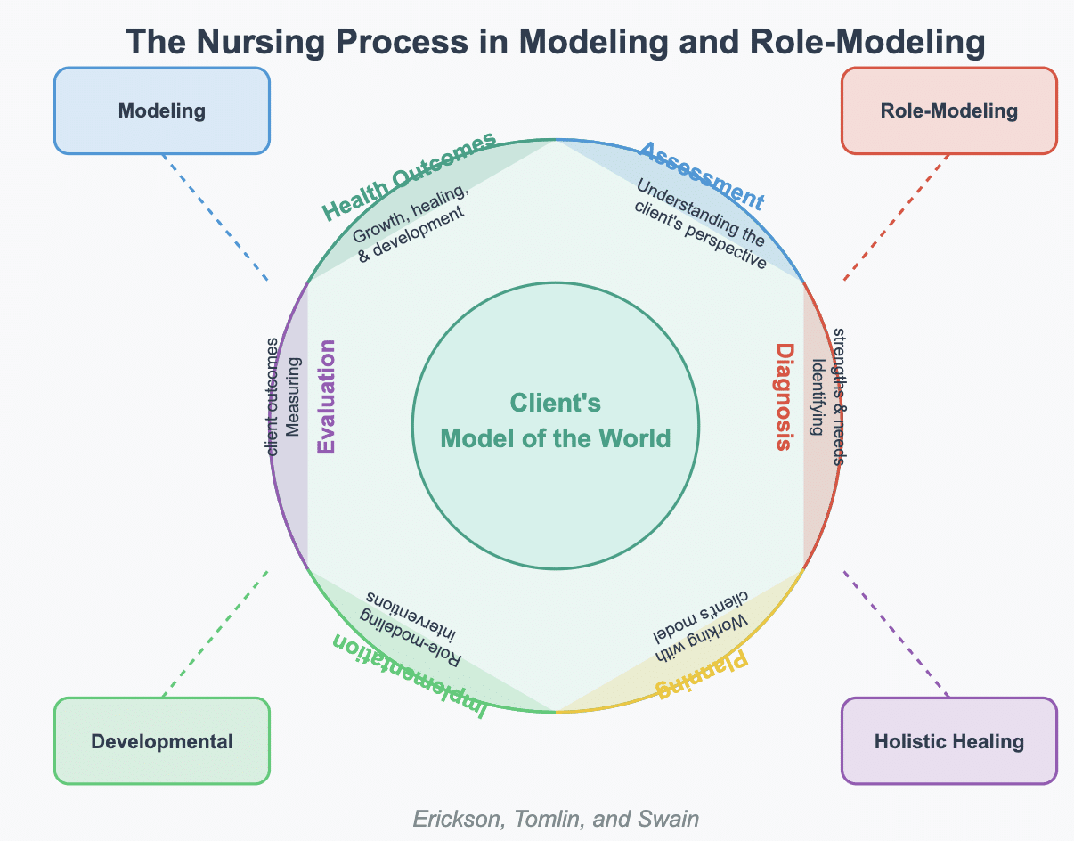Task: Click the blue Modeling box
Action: (x=161, y=111)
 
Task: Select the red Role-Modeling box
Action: (x=948, y=111)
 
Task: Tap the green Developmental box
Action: (x=161, y=741)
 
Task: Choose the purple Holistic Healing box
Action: (x=948, y=741)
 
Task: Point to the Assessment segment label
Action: (x=702, y=175)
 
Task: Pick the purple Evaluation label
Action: (x=326, y=397)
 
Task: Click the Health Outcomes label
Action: (x=408, y=176)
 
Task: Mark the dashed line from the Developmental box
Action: (x=215, y=634)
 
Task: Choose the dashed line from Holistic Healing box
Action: (x=896, y=634)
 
